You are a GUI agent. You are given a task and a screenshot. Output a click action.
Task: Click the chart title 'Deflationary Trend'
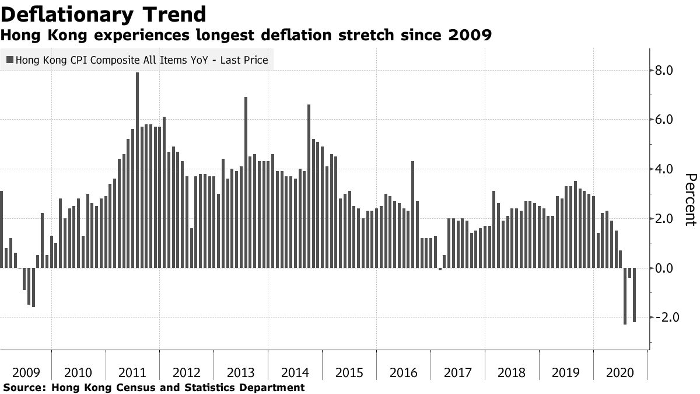point(103,13)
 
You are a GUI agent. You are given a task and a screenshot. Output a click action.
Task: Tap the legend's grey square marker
point(10,60)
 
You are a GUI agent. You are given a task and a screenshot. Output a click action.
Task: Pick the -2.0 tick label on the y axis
point(663,318)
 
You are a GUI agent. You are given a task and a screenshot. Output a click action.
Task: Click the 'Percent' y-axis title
point(690,199)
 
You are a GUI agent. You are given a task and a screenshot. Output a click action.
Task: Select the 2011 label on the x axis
point(132,373)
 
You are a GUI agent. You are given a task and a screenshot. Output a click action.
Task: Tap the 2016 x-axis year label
point(403,373)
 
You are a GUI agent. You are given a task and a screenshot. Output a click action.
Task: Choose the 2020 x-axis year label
point(620,373)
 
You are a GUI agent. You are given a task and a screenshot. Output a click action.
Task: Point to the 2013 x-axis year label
point(240,373)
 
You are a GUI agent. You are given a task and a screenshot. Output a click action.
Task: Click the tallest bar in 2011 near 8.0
point(137,170)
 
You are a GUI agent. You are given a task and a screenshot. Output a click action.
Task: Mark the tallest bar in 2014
point(309,186)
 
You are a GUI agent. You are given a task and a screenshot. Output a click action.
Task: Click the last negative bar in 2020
point(634,295)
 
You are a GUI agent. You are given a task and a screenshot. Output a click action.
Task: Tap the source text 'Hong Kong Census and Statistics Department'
point(178,387)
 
